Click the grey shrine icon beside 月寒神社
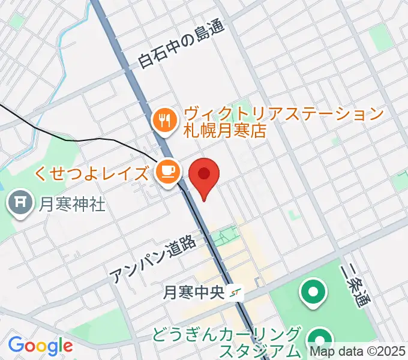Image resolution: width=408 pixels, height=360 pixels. (x=21, y=205)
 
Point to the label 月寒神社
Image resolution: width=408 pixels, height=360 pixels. (x=73, y=205)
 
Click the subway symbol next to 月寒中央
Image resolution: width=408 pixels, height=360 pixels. (x=238, y=293)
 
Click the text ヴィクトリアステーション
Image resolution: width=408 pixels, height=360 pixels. (x=284, y=113)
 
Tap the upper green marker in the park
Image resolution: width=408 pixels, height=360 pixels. (x=313, y=293)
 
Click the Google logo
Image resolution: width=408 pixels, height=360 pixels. (x=40, y=346)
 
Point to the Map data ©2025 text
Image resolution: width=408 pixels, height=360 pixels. (x=358, y=351)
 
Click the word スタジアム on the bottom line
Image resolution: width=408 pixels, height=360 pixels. (x=260, y=351)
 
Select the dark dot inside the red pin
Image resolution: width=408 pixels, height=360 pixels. (x=205, y=174)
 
